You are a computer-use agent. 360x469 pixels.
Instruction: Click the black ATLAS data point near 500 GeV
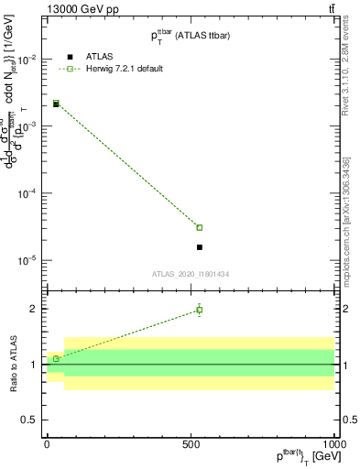(x=199, y=247)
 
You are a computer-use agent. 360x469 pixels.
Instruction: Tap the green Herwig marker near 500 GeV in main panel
(x=199, y=227)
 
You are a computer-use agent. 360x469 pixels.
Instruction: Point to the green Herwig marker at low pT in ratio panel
(x=56, y=359)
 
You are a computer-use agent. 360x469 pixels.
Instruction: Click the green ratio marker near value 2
(x=199, y=310)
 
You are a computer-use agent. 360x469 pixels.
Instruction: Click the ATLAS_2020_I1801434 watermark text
(x=190, y=273)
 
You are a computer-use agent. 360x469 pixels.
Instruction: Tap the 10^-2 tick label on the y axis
(x=26, y=60)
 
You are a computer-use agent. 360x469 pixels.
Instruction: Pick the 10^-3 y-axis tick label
(x=26, y=126)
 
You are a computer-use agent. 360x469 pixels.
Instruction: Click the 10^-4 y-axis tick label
(x=26, y=193)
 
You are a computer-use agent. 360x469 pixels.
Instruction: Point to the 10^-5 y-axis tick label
(x=26, y=260)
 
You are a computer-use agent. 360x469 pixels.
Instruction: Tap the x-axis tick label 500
(x=191, y=442)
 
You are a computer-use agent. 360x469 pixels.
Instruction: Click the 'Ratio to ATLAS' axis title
(x=11, y=365)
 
